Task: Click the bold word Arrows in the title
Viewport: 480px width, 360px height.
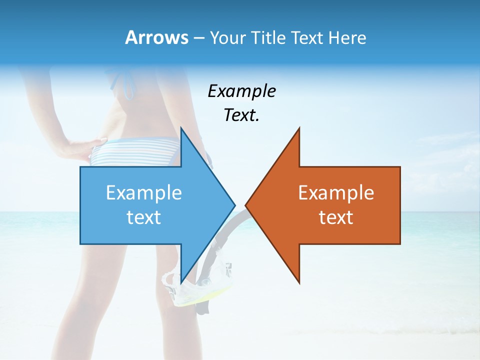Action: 156,37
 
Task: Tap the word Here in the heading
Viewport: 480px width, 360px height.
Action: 347,37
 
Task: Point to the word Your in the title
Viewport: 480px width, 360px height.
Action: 227,37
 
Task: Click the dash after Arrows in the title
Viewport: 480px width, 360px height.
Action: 197,38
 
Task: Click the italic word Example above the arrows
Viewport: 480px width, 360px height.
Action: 241,91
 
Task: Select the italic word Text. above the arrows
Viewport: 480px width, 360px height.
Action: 241,115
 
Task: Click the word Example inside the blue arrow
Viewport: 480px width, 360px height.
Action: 144,193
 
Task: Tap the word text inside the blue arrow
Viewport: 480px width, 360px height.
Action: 144,217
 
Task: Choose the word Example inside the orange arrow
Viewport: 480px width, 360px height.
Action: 336,193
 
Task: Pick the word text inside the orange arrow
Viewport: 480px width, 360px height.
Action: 336,217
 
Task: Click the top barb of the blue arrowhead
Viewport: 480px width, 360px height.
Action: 182,129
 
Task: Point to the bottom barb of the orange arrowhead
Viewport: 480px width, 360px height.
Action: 298,281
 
